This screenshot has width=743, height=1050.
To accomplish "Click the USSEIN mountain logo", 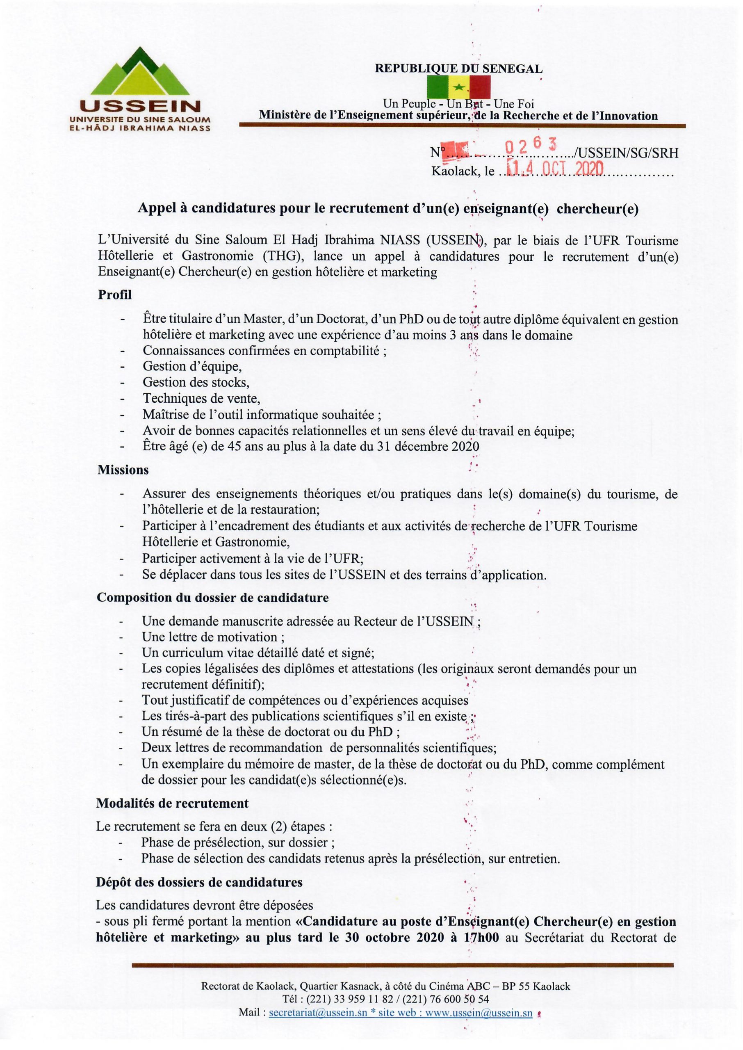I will pyautogui.click(x=139, y=89).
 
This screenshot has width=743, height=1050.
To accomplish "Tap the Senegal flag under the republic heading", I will pyautogui.click(x=458, y=87).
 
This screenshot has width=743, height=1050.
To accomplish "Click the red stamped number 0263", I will pyautogui.click(x=530, y=146).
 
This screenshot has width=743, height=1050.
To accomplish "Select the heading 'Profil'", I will pyautogui.click(x=114, y=294).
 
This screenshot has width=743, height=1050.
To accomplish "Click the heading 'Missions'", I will pyautogui.click(x=123, y=470).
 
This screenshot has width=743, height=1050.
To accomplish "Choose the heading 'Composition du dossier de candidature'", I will pyautogui.click(x=212, y=598).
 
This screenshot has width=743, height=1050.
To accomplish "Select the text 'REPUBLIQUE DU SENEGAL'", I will pyautogui.click(x=458, y=69).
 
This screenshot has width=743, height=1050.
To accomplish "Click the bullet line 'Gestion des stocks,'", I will pyautogui.click(x=196, y=382).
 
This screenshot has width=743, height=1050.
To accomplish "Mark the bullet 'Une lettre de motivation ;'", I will pyautogui.click(x=213, y=637).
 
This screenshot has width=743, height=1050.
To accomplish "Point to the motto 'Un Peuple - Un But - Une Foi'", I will pyautogui.click(x=458, y=105).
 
